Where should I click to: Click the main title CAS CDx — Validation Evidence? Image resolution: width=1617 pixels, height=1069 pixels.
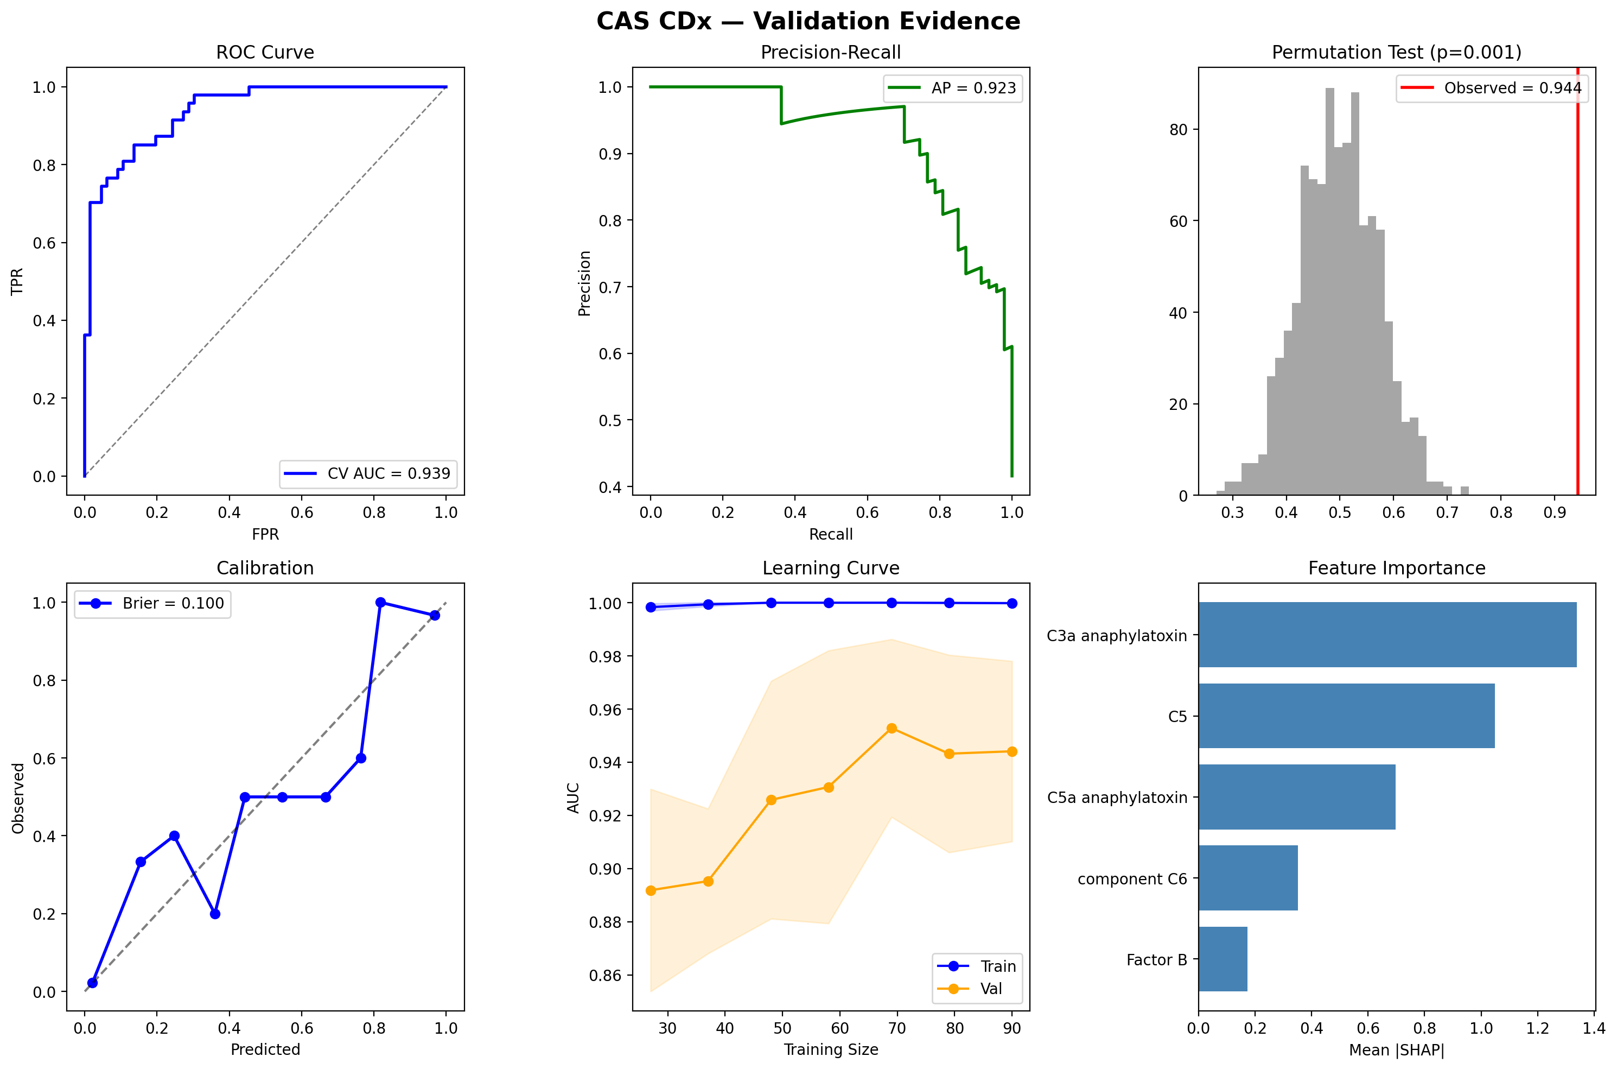[808, 22]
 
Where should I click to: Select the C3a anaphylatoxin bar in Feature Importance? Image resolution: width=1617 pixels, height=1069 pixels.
[1387, 635]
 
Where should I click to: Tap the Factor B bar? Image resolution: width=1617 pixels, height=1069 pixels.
[1223, 959]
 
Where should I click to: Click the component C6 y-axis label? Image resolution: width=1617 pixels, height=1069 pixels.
[1132, 879]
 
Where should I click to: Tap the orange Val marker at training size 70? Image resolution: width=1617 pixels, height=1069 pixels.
[892, 728]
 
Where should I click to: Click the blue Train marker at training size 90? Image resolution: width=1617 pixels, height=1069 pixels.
[1012, 603]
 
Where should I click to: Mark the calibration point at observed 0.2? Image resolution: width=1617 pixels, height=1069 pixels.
[215, 914]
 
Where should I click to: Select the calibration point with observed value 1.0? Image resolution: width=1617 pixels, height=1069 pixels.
[380, 603]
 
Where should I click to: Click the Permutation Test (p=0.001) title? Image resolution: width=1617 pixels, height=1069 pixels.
[1396, 53]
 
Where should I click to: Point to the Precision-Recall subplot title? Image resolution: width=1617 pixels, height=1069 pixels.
[830, 53]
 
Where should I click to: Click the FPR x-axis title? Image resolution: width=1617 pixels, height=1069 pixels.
[265, 534]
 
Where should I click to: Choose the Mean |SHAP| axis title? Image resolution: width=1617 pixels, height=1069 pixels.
[1396, 1049]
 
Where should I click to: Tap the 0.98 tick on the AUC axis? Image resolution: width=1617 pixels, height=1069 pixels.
[605, 656]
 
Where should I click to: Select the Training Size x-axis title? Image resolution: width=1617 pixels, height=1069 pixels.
[830, 1049]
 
